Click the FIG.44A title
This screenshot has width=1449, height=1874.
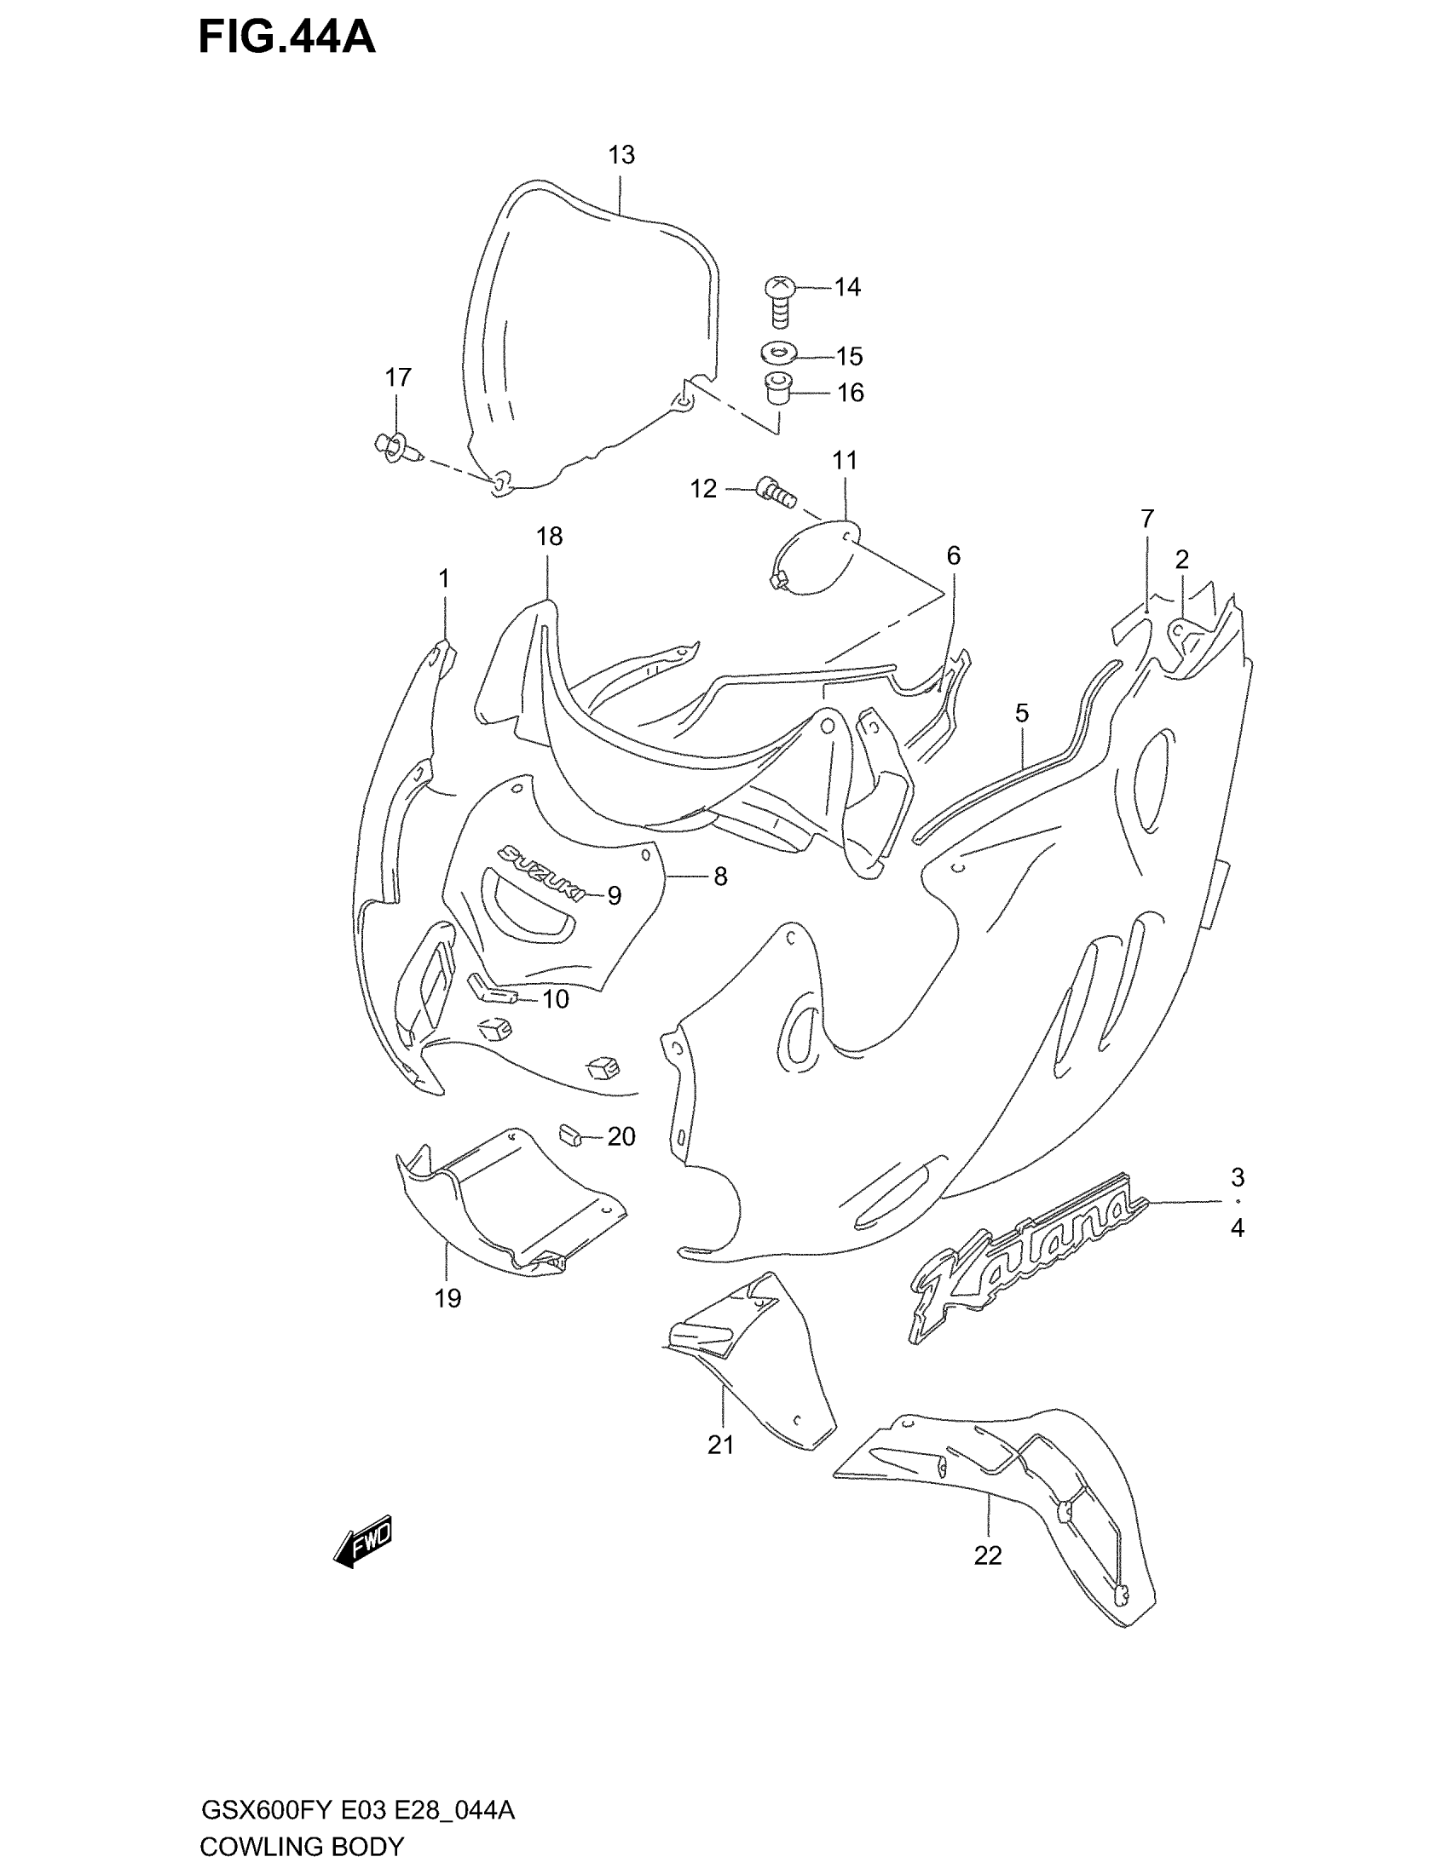[286, 37]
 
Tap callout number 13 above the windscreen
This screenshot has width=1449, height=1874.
[621, 155]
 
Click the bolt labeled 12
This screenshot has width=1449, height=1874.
[776, 492]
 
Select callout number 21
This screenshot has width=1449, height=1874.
[721, 1446]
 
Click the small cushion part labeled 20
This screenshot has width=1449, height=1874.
[571, 1135]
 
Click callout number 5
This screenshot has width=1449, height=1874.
[1021, 713]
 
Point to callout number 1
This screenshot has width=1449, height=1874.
[444, 580]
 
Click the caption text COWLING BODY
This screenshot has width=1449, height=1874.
[301, 1846]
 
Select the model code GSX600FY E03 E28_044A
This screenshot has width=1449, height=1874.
[357, 1811]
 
